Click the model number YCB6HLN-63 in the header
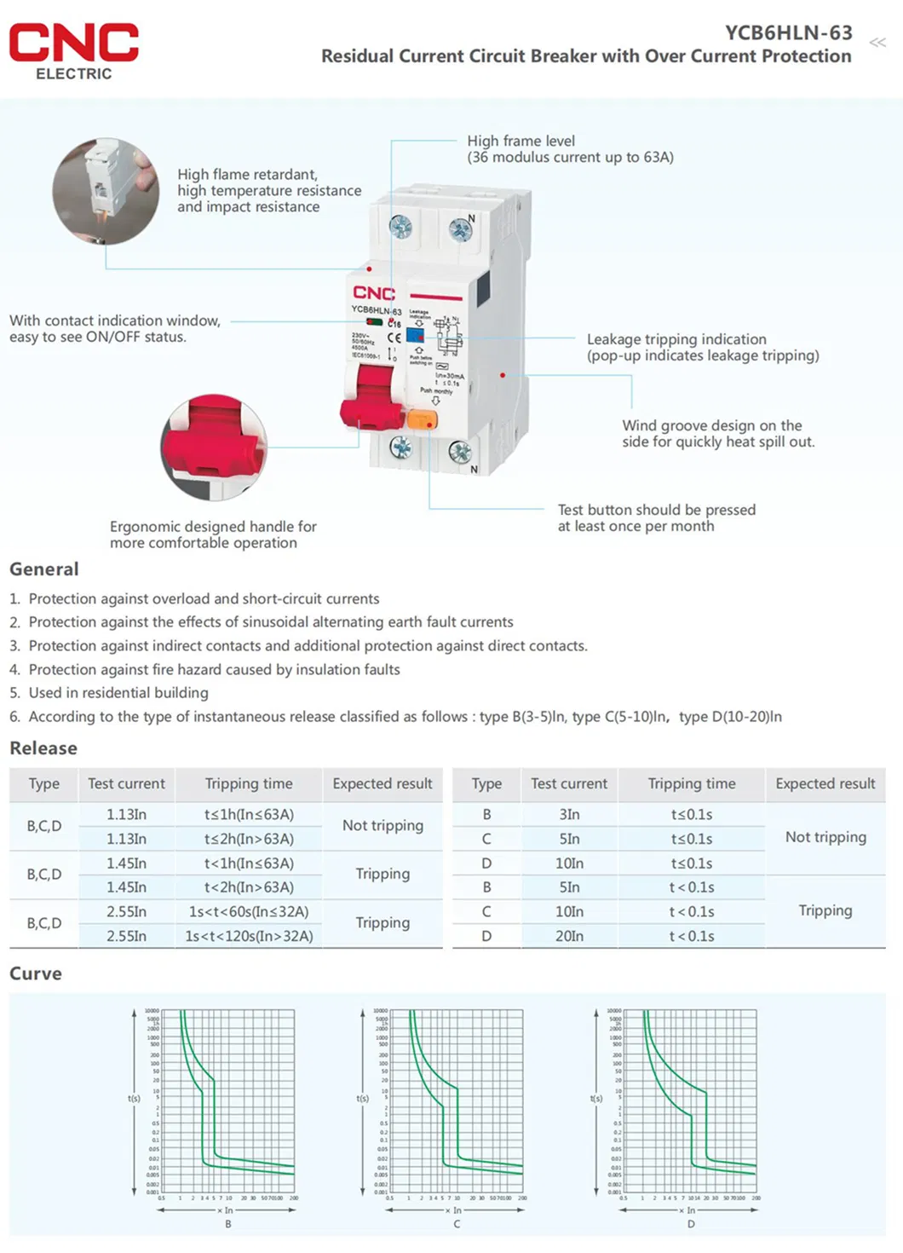[788, 32]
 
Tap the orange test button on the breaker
[422, 419]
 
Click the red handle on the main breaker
[371, 399]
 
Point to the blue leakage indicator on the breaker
[415, 335]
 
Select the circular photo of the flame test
[106, 192]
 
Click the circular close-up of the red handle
[214, 447]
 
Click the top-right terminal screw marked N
[460, 229]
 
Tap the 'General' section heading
[44, 569]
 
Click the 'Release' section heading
[43, 748]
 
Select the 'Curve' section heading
[36, 973]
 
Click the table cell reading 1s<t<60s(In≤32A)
[249, 911]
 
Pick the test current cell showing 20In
[569, 936]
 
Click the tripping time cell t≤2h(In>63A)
[249, 839]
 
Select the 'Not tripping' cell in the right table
[825, 837]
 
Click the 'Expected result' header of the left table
[382, 783]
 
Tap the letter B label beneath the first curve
[227, 1224]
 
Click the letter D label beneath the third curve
[691, 1224]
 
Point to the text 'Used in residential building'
[118, 693]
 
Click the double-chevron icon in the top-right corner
[877, 42]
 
